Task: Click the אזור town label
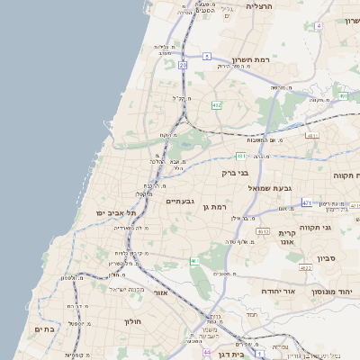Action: (x=161, y=292)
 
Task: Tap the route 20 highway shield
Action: (x=183, y=66)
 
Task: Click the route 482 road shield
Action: (x=216, y=105)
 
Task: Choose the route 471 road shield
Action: (x=307, y=202)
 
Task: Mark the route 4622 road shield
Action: (x=305, y=267)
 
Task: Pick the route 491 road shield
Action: (x=343, y=95)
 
